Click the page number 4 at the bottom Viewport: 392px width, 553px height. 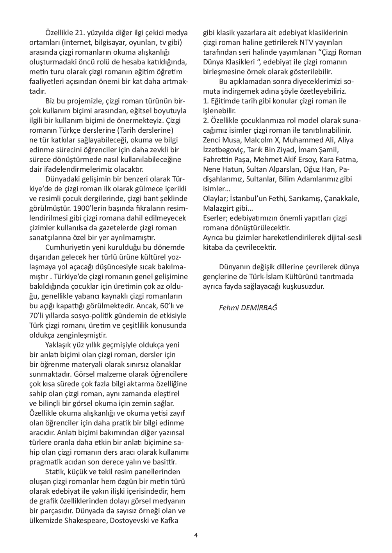pyautogui.click(x=196, y=535)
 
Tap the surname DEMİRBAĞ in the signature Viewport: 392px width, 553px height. pyautogui.click(x=259, y=308)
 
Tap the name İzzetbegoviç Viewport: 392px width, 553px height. pyautogui.click(x=223, y=150)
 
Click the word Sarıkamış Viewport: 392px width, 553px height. pyautogui.click(x=306, y=199)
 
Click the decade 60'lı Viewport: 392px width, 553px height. pyautogui.click(x=168, y=306)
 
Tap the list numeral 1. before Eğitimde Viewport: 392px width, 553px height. pyautogui.click(x=206, y=101)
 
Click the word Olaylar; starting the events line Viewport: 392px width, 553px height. pyautogui.click(x=215, y=199)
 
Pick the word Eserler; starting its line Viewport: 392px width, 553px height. pyautogui.click(x=215, y=218)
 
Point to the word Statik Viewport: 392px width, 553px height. pyautogui.click(x=55, y=472)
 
